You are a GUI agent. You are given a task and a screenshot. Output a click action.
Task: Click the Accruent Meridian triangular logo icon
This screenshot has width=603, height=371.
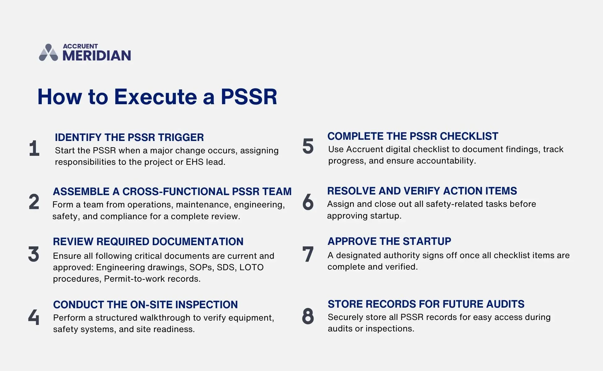point(49,53)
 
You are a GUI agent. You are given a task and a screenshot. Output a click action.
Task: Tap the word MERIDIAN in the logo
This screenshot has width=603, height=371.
point(97,56)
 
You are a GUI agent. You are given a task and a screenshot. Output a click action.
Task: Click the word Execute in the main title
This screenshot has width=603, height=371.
point(156,97)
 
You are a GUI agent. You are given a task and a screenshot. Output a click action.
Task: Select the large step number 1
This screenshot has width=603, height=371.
point(34,148)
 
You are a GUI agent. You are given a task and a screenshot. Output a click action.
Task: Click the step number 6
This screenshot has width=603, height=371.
point(308,202)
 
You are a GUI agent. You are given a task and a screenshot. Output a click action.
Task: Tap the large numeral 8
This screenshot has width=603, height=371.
point(308,316)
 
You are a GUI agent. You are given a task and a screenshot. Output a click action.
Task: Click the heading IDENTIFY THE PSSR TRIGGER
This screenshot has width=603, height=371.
point(129,137)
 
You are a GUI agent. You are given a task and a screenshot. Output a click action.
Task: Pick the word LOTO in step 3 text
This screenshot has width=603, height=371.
point(251,267)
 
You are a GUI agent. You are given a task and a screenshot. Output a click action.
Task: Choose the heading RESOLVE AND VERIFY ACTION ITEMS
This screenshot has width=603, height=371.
point(422,191)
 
